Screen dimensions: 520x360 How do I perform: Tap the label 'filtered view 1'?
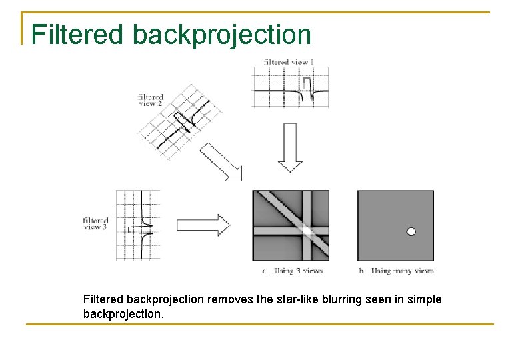coord(289,62)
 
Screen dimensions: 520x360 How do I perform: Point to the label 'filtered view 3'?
coord(96,223)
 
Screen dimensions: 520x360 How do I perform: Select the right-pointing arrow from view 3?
coord(203,225)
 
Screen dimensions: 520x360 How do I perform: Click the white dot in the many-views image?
coord(411,231)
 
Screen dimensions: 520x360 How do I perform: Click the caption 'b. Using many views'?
coord(397,271)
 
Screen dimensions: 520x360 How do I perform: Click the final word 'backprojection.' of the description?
coord(123,313)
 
